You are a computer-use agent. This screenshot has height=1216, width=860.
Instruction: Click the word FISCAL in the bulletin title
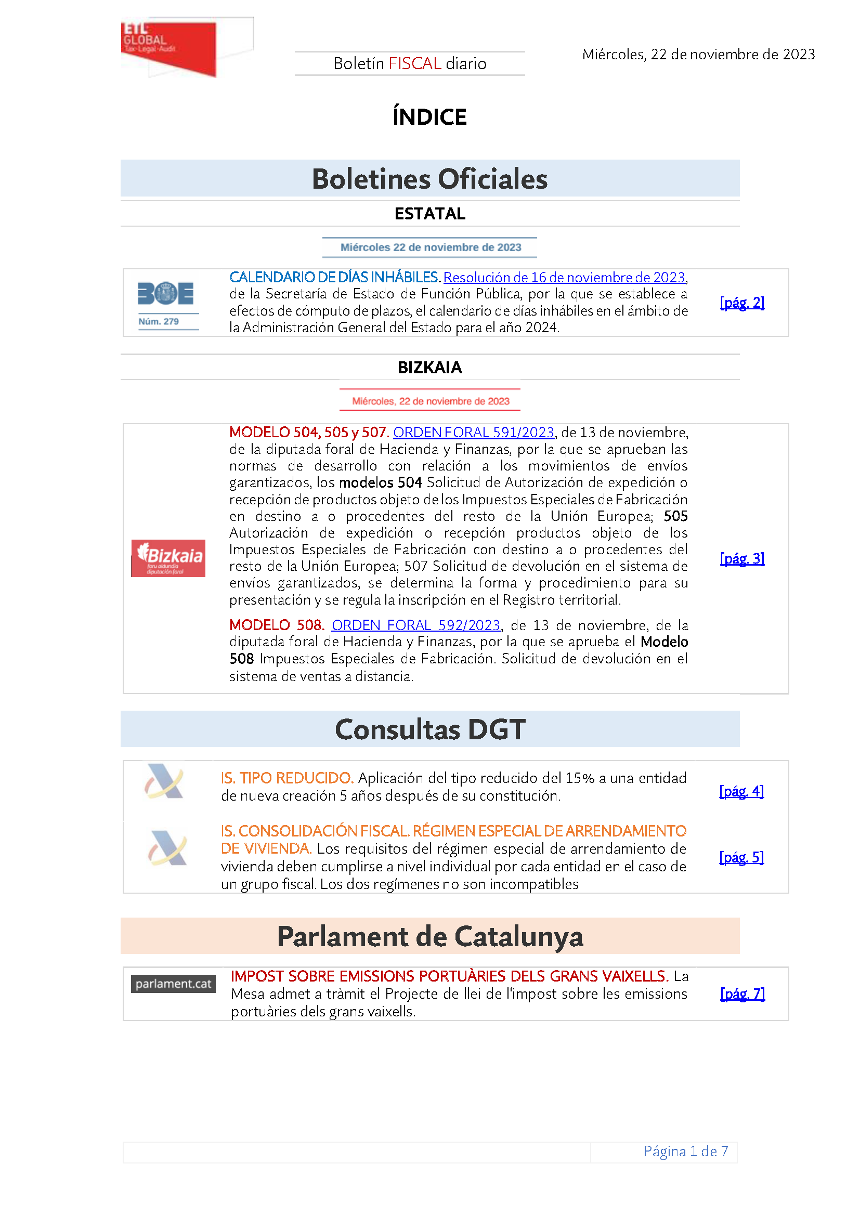pos(414,63)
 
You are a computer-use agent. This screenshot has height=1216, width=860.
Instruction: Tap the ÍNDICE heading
pos(429,117)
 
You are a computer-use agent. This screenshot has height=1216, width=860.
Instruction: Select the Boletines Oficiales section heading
pos(429,179)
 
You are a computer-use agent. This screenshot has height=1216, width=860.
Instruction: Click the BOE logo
pos(165,293)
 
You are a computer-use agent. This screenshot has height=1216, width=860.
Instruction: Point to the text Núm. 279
pos(159,321)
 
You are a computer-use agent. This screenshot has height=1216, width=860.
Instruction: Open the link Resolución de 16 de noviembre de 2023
pos(565,278)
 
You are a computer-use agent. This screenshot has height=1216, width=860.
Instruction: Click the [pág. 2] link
pos(742,303)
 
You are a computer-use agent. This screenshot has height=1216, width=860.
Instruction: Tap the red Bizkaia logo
pos(168,558)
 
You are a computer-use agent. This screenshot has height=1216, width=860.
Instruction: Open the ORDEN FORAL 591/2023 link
pos(474,433)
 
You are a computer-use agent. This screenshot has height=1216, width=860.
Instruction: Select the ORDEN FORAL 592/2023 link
pos(416,625)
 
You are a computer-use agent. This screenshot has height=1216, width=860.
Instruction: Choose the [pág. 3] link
pos(742,559)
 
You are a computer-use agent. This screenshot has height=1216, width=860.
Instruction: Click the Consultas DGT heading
pos(429,729)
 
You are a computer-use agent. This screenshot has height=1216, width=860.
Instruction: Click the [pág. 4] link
pos(741,791)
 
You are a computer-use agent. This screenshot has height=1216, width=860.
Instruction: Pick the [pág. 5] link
pos(741,857)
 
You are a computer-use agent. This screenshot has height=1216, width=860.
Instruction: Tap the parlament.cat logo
pos(173,984)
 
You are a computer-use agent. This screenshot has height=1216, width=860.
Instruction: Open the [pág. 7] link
pos(742,994)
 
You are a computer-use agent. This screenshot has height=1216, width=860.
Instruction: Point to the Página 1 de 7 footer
pos(685,1152)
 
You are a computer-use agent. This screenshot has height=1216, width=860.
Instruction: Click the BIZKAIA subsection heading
pos(429,368)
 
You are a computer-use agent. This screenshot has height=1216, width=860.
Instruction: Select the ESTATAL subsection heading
pos(429,214)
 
